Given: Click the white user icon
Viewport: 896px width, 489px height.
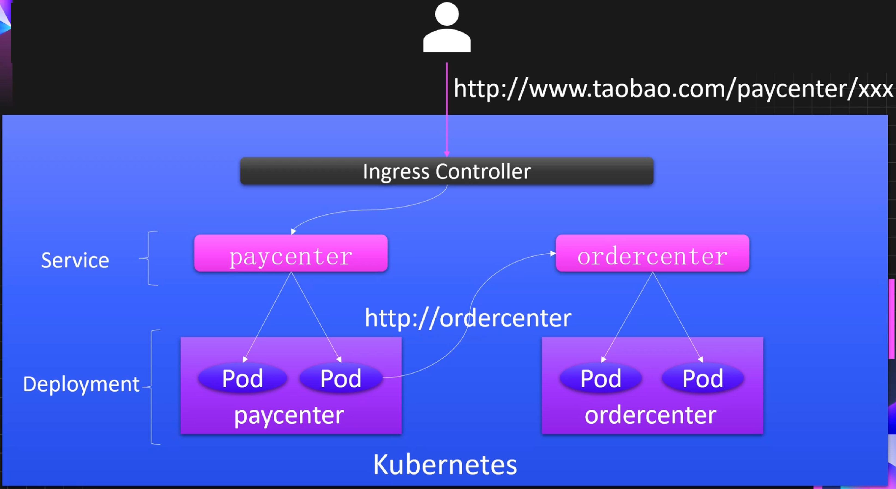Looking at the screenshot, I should coord(447,28).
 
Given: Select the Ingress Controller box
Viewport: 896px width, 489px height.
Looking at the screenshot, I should coord(447,171).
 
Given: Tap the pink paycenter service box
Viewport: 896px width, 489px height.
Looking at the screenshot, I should coord(291,253).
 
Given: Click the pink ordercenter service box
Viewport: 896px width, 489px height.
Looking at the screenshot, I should coord(653,253).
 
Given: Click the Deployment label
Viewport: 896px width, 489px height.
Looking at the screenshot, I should coord(81,384).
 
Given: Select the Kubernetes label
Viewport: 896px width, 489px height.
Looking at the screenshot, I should coord(445,465).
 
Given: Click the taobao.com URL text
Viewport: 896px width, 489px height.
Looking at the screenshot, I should coord(673,89).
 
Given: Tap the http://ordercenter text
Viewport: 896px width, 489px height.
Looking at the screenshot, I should coord(468,318).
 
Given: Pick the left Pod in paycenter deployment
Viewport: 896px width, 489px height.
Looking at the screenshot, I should coord(243,378).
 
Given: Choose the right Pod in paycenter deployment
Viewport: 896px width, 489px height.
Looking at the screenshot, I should coord(341,378).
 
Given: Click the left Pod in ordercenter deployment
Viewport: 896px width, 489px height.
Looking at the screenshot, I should coord(601,378).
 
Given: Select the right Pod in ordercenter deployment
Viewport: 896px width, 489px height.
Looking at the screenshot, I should coord(703,378).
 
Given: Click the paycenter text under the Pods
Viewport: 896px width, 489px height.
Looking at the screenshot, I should coord(289,415).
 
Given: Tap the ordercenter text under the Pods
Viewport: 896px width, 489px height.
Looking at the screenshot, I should coord(650,415).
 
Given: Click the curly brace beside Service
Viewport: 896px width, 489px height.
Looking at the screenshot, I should coord(149,258).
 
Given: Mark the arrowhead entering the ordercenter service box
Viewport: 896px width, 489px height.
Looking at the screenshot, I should coord(553,253).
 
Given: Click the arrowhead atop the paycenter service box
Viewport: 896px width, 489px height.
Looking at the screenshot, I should coord(293,231).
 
